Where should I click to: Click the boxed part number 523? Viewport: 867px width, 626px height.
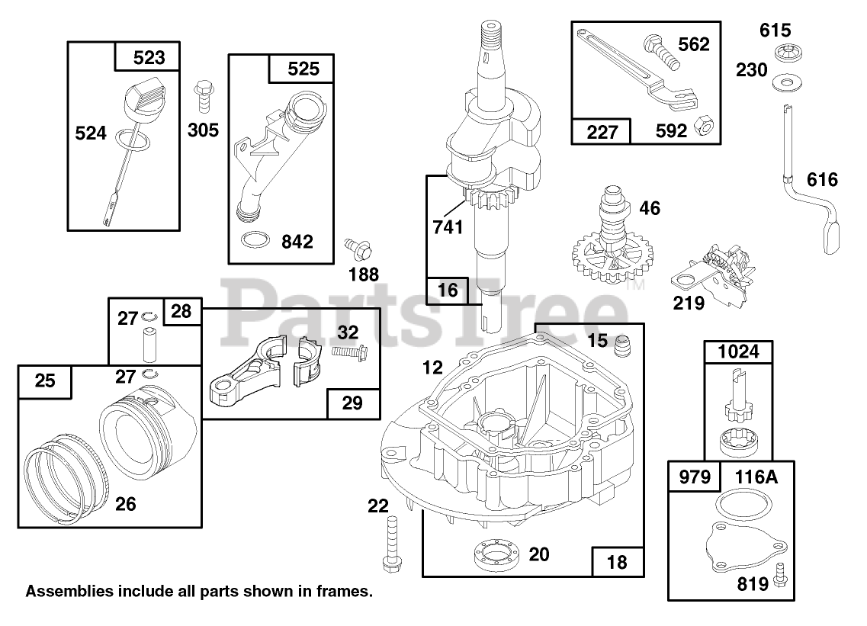coord(148,57)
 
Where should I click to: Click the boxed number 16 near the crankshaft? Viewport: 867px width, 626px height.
coord(448,290)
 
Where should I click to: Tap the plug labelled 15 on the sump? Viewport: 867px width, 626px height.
coord(622,345)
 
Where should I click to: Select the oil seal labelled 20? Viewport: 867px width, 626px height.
coord(495,552)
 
